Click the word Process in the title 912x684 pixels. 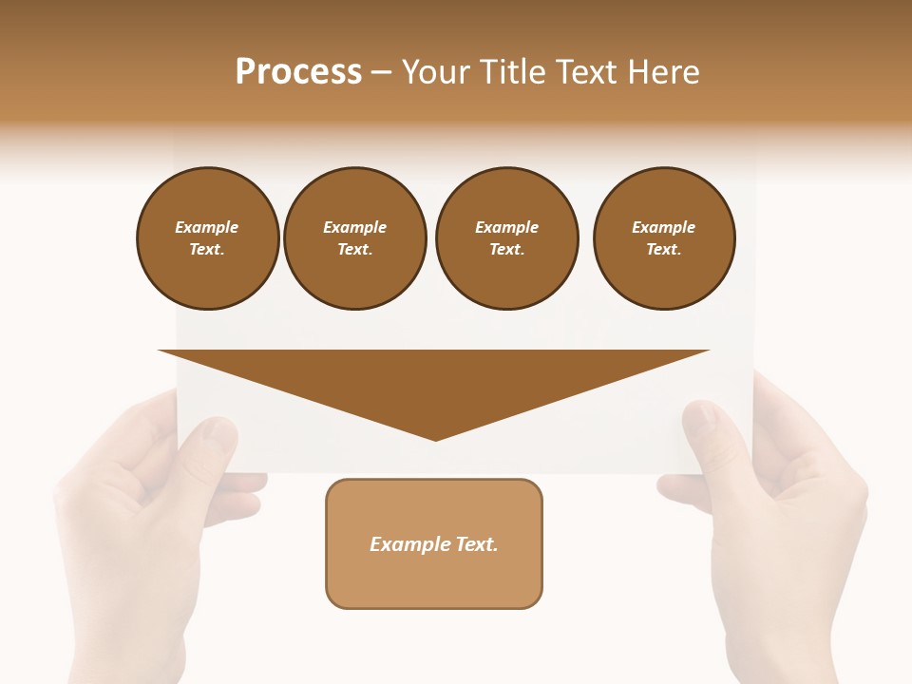point(298,72)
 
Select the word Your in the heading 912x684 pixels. point(438,72)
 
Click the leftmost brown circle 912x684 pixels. point(207,238)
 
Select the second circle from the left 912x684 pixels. point(354,238)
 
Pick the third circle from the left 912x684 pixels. point(506,238)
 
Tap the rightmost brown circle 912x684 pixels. point(663,238)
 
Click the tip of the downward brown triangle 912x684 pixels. point(435,437)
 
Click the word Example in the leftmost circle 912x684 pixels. point(207,227)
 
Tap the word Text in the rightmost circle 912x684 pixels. point(663,250)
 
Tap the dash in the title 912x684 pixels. point(382,72)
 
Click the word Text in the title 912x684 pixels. point(584,72)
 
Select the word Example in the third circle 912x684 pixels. point(506,227)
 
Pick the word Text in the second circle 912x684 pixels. point(354,250)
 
